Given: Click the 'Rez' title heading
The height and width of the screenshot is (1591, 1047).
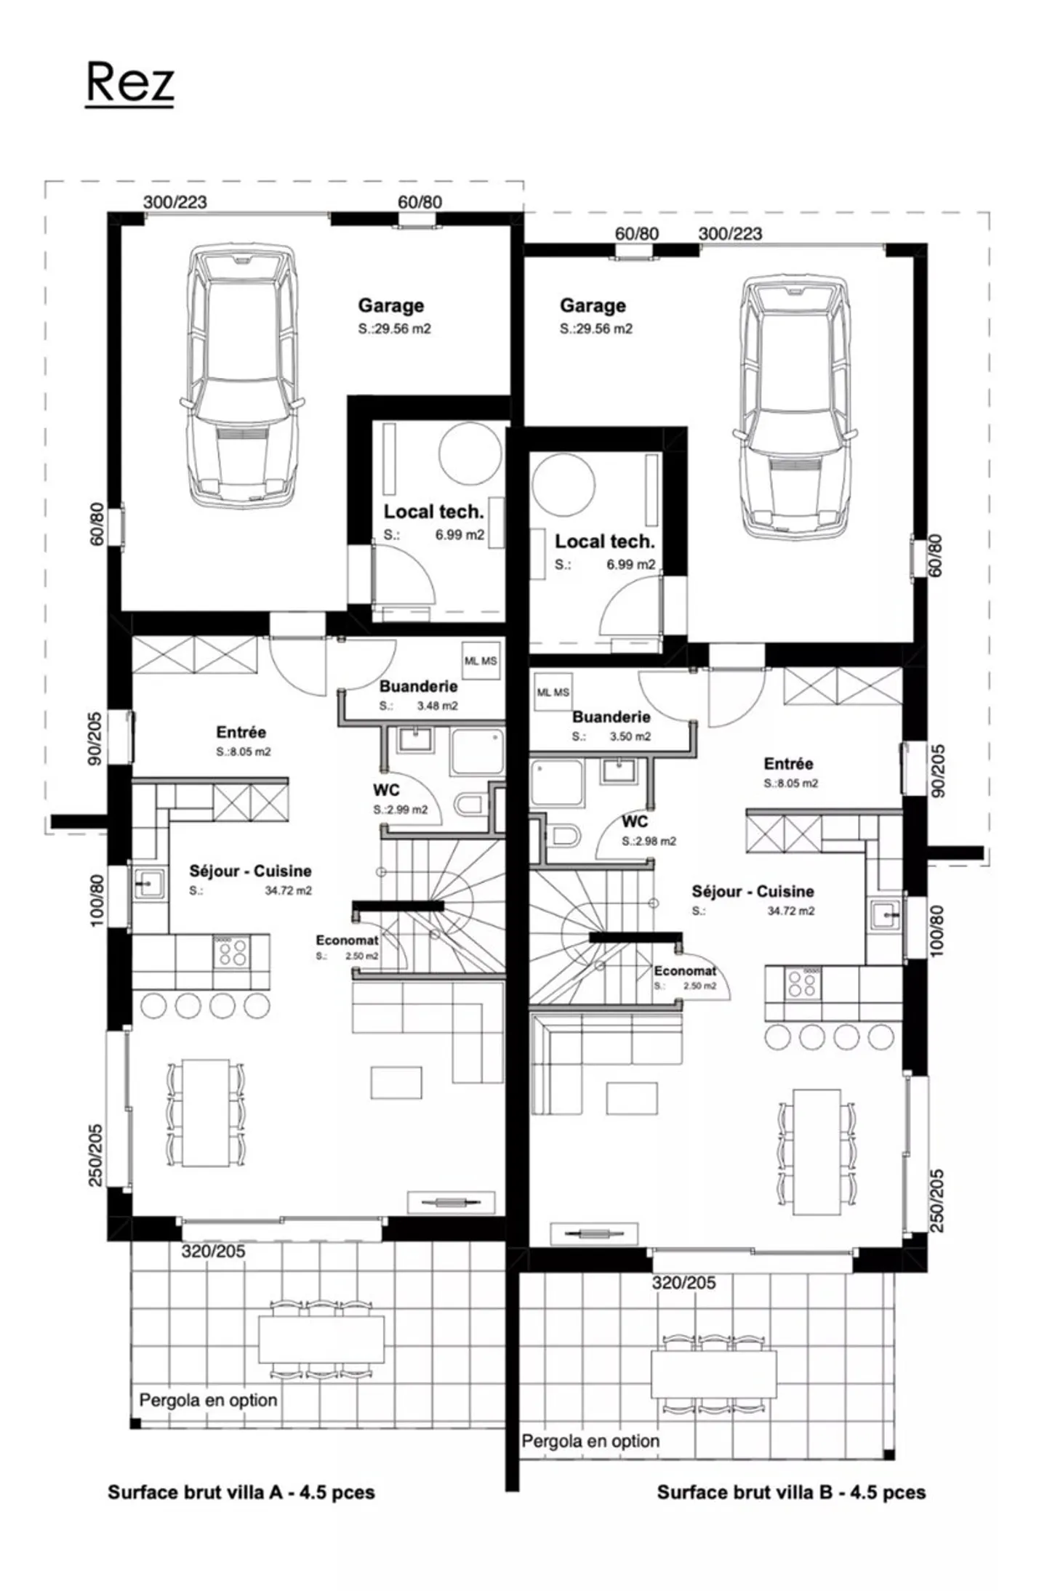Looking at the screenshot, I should point(129,81).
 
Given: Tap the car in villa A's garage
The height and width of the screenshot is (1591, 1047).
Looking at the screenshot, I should point(242,376).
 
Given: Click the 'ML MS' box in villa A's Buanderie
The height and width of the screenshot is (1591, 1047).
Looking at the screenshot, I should point(481,661).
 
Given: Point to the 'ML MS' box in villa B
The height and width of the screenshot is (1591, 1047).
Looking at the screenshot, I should point(553,692).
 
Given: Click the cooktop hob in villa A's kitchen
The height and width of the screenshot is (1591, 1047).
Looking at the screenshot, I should point(231,951).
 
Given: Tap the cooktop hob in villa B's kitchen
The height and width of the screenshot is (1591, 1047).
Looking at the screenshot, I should point(803,983).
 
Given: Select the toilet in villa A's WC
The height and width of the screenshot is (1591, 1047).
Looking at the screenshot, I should point(470,805).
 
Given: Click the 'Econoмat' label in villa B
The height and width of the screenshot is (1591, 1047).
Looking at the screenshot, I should point(684,971).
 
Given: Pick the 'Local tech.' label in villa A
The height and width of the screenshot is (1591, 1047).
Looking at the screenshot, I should point(433,512).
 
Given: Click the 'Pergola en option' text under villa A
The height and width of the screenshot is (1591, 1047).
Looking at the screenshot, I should point(208,1400).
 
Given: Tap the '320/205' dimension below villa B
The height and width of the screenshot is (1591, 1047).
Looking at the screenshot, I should point(683,1283).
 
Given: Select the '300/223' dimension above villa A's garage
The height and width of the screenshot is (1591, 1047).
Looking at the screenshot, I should point(174,202).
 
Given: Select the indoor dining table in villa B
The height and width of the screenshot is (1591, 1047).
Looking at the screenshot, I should point(817,1151).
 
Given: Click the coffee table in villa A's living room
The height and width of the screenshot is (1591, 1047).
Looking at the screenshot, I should point(396,1082).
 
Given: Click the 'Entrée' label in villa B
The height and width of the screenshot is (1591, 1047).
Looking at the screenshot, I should point(788,763).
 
